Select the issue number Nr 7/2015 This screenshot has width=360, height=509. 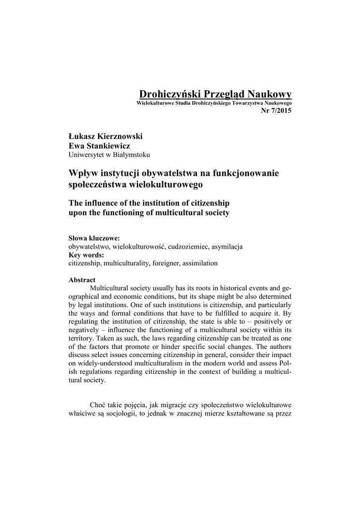[276, 110]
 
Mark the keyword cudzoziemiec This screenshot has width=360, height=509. [186, 247]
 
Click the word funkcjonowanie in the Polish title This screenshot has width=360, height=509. [244, 173]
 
